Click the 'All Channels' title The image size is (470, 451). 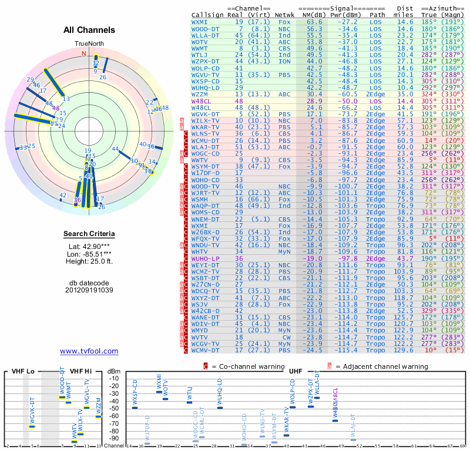click(89, 31)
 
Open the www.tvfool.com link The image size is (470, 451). click(89, 351)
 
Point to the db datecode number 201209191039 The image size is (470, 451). click(89, 290)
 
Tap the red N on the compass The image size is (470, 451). click(84, 53)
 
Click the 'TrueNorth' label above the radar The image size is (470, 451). click(89, 44)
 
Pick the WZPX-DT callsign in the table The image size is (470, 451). click(206, 61)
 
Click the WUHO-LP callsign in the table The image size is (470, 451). click(206, 258)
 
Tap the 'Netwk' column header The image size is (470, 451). click(284, 15)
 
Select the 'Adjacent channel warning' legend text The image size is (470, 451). click(381, 366)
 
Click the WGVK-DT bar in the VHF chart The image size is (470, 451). click(32, 426)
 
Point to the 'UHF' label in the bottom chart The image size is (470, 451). click(296, 372)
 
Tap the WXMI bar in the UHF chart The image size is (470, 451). click(159, 392)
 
